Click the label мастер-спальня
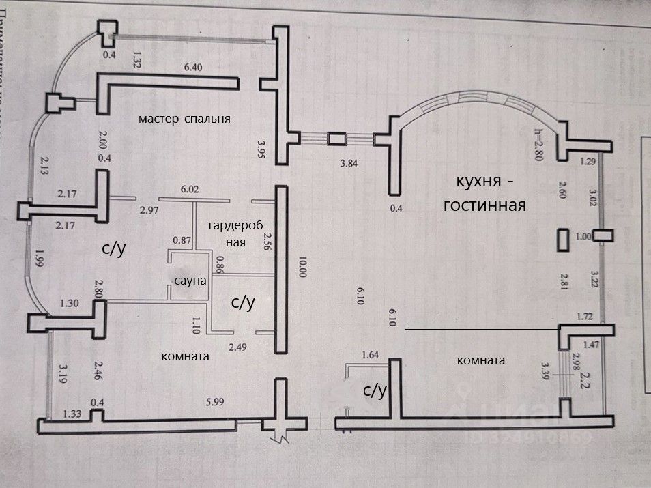(x=184, y=119)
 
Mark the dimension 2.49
(x=238, y=347)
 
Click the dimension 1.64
(x=370, y=355)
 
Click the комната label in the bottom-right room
(x=482, y=360)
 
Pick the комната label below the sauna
(x=184, y=356)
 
